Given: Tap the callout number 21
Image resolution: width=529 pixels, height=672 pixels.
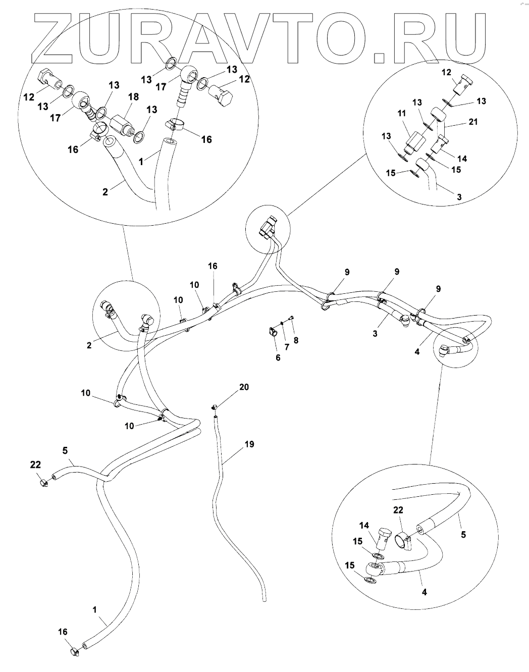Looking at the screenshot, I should (473, 122).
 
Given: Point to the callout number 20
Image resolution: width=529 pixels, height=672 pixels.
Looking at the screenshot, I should (244, 387).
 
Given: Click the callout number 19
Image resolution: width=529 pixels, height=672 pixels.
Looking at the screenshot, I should (248, 444).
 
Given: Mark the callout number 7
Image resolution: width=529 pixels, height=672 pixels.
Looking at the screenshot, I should (296, 340).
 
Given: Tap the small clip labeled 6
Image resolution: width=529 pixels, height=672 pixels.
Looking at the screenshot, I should (273, 331).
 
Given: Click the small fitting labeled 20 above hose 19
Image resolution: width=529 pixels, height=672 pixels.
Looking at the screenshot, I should (215, 406).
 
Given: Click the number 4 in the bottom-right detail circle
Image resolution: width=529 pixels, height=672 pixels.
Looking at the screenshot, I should (424, 591).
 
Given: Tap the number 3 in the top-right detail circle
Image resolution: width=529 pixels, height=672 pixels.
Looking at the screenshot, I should (459, 197).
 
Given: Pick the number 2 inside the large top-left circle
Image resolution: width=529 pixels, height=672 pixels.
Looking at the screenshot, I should (105, 192).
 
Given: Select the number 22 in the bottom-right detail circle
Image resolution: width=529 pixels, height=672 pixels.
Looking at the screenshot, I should (398, 510).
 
